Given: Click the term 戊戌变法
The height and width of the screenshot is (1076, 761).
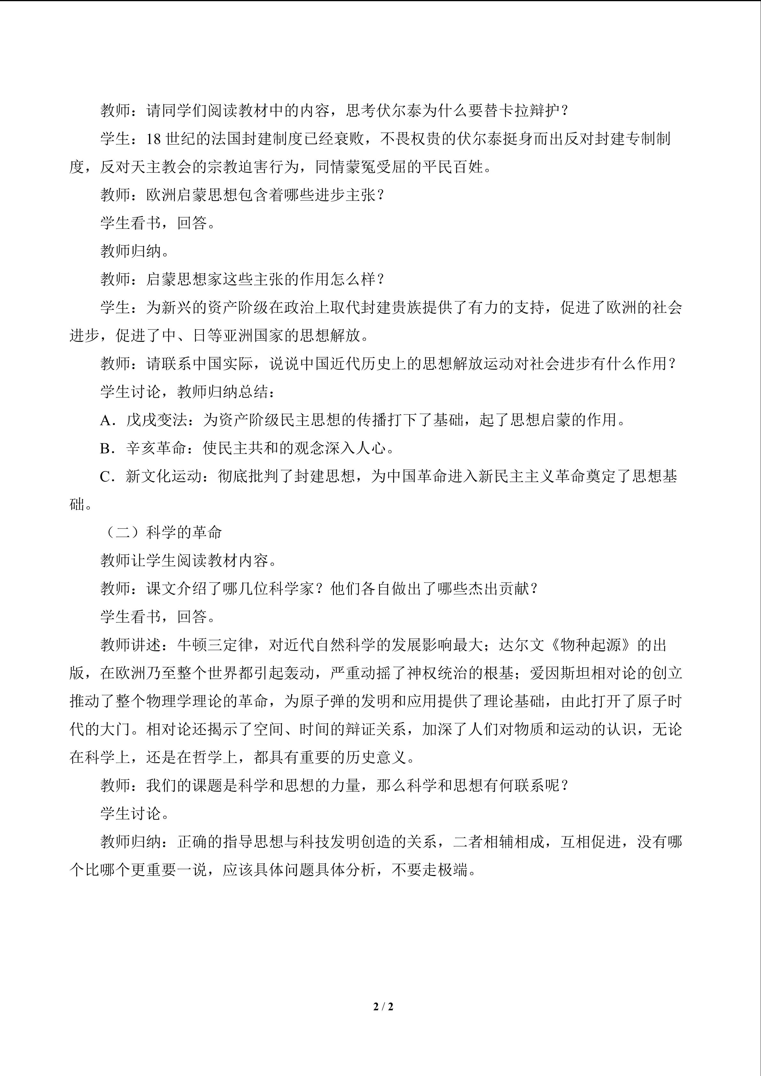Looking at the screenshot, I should pos(157,420).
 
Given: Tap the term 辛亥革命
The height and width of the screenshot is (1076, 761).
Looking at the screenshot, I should pos(157,448).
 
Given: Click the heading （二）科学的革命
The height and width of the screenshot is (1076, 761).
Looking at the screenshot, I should pos(162,533).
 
